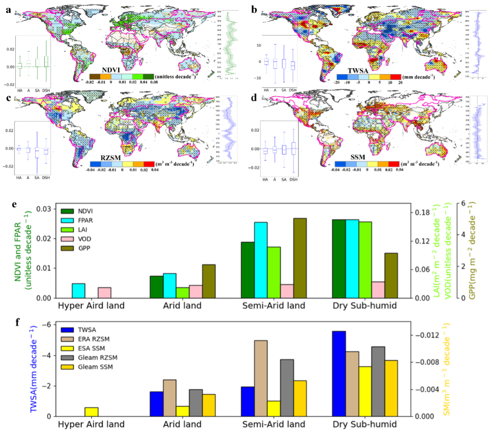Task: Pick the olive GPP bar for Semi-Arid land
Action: click(299, 258)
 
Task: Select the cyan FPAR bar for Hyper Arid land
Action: click(78, 290)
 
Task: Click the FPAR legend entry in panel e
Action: click(83, 219)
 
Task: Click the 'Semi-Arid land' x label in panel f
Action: click(274, 424)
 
